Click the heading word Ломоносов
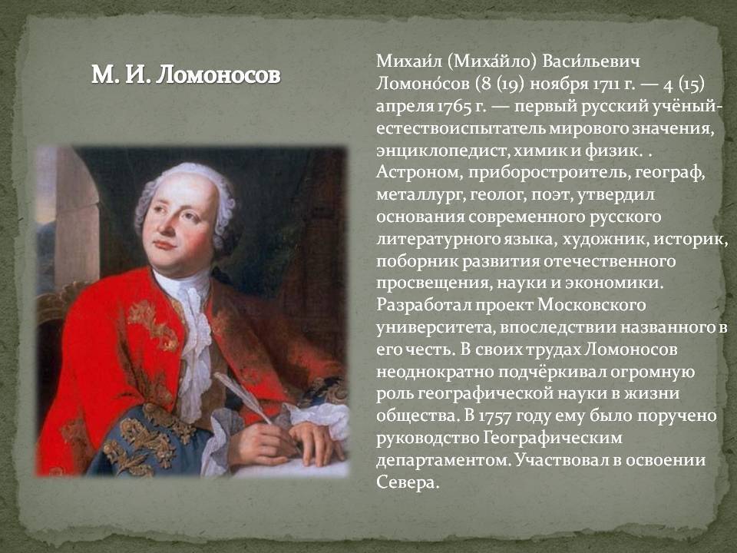click(218, 75)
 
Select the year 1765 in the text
click(454, 106)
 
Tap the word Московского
click(591, 305)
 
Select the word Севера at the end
click(407, 482)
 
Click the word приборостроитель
click(547, 173)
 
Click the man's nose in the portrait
click(166, 225)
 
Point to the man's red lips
click(164, 245)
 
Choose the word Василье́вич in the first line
click(591, 61)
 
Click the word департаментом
click(443, 460)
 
